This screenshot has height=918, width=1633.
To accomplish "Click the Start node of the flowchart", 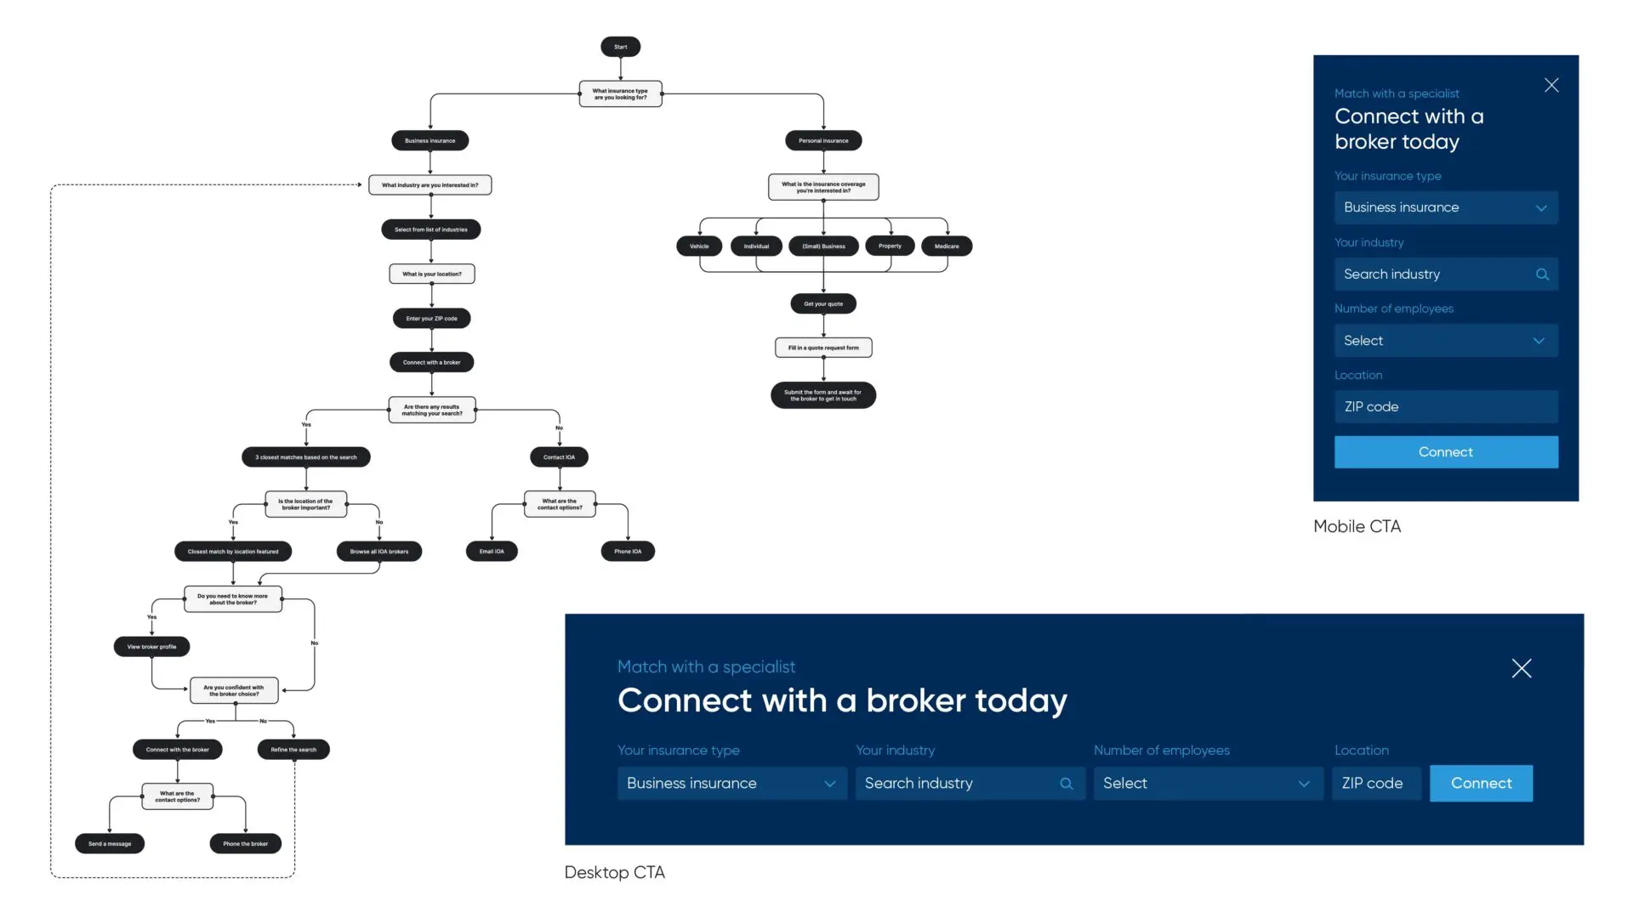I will click(620, 47).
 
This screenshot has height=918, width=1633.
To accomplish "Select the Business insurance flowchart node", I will click(430, 140).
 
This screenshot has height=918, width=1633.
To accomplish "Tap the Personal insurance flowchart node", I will click(823, 140).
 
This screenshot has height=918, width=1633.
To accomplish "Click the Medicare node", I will click(947, 246).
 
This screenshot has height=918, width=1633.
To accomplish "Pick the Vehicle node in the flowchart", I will click(699, 246).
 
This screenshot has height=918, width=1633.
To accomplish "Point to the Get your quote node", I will click(823, 303).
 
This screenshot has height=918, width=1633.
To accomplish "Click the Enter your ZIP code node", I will click(431, 319).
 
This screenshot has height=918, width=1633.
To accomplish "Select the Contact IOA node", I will click(559, 457).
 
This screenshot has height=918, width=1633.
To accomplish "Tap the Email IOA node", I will click(492, 552).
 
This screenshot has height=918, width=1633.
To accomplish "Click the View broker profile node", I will click(151, 647).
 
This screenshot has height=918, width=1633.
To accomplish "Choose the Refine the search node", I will click(293, 750).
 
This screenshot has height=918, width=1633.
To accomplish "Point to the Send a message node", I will click(110, 844).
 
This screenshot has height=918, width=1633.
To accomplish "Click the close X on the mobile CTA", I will click(1551, 85).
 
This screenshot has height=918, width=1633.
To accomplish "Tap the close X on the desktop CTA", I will click(1522, 668).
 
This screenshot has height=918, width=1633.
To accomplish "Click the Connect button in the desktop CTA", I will click(1481, 783).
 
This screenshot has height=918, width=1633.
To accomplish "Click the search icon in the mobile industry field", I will click(1542, 275).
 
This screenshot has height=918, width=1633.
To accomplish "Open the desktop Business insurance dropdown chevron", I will click(830, 784).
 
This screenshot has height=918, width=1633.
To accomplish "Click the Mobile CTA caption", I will click(1357, 526).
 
